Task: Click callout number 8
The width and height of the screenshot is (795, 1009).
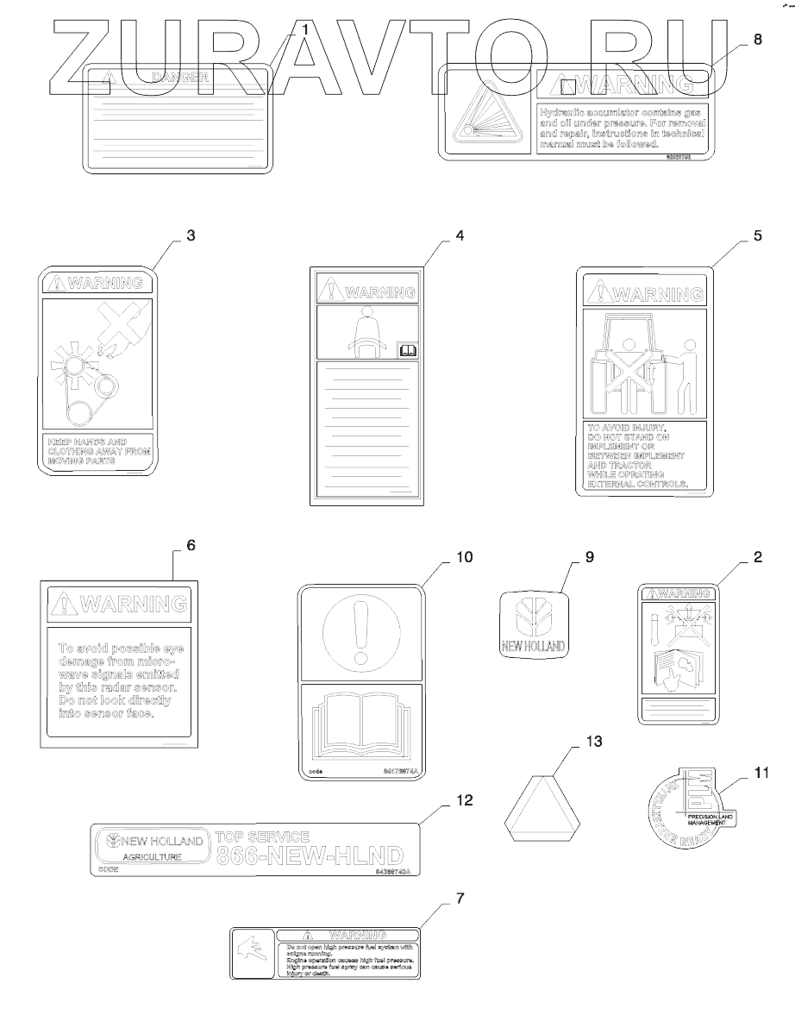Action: (758, 40)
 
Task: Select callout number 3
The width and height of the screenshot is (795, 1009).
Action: (191, 235)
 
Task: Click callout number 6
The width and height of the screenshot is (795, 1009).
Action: (191, 545)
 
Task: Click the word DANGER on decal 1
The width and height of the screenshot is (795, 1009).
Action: (180, 78)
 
